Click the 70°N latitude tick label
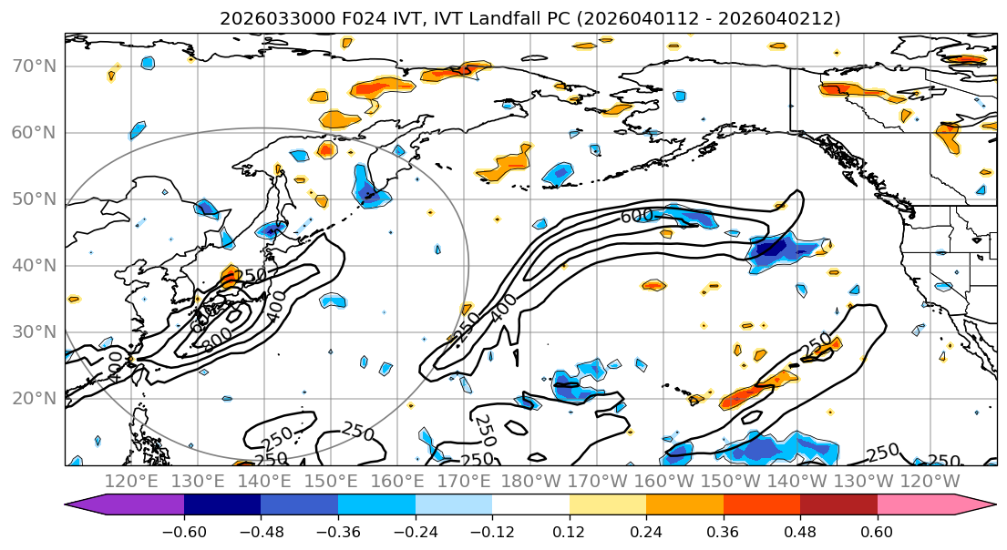coord(33,66)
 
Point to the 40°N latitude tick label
coord(33,266)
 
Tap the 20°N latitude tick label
coord(33,399)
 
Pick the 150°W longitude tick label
coord(729,481)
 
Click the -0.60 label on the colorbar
coord(184,530)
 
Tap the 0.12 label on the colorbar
coord(569,530)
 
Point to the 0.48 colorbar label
coord(800,530)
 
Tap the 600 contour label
coord(637,217)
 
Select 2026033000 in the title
coord(262,18)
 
